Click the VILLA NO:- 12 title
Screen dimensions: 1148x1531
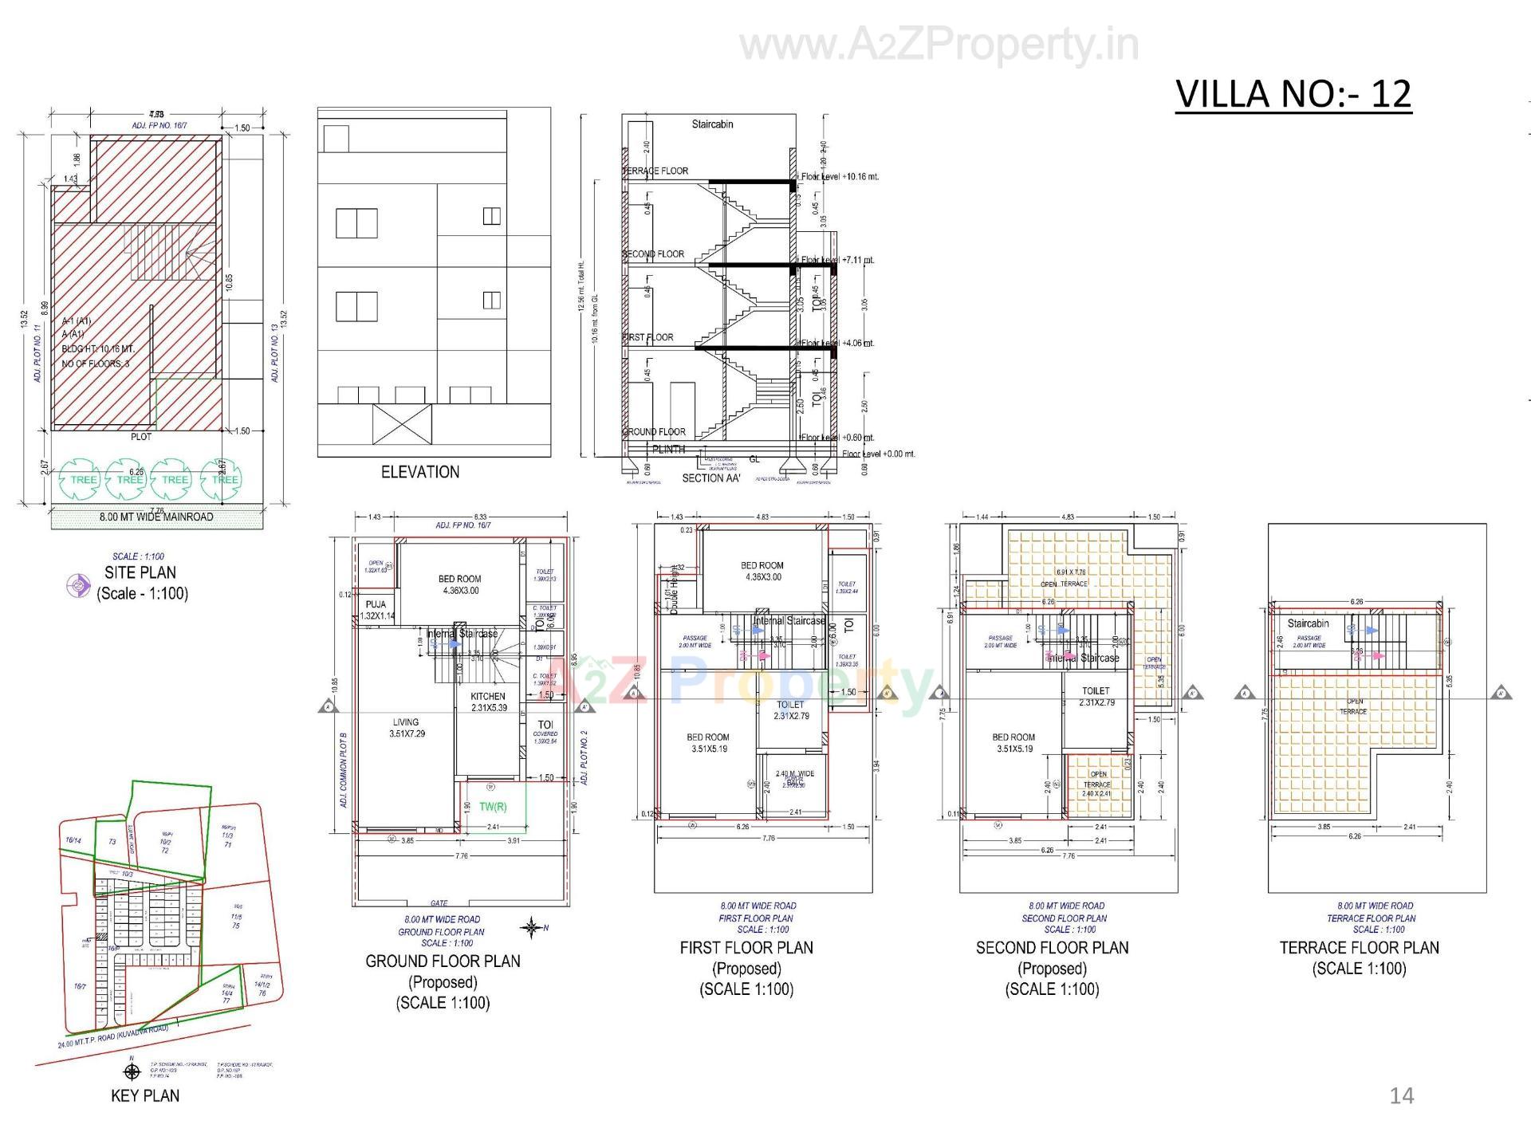coord(1293,94)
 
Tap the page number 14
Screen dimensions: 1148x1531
coord(1401,1096)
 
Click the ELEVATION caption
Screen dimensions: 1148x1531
coord(420,472)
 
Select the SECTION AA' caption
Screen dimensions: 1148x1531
coord(711,478)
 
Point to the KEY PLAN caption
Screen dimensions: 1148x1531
coord(145,1095)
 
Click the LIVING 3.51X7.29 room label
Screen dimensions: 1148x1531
coord(406,728)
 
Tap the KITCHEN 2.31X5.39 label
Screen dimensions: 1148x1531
coord(488,702)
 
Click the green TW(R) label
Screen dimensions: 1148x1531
coord(493,807)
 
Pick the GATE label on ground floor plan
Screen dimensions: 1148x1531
coord(439,903)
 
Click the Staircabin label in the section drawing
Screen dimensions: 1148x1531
coord(712,124)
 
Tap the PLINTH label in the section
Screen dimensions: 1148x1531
coord(668,450)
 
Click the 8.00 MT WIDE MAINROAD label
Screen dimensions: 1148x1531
coord(156,517)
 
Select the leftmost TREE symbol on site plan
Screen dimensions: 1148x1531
coord(81,479)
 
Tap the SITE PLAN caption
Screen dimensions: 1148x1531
coord(140,572)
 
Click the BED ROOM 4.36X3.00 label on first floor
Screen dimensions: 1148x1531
coord(762,571)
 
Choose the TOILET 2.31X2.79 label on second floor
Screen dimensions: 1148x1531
coord(1096,697)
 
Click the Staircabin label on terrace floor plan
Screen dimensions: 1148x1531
coord(1308,623)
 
